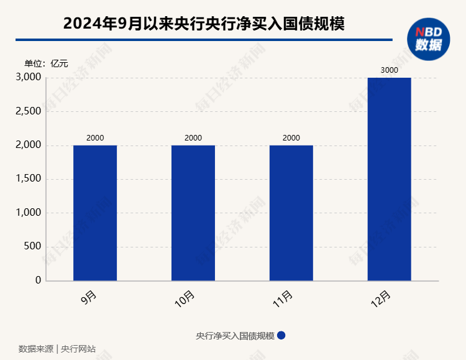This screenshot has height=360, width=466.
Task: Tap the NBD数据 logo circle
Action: tap(429, 39)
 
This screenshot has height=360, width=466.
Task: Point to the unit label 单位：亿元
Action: tap(46, 63)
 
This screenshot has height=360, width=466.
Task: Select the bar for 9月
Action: tap(95, 213)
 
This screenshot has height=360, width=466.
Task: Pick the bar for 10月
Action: tap(193, 213)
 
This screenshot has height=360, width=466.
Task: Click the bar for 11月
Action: tap(291, 213)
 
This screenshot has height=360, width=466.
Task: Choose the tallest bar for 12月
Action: tap(389, 179)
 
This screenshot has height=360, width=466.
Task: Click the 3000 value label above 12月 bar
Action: tap(389, 70)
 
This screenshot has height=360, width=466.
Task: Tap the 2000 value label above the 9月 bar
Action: tap(95, 138)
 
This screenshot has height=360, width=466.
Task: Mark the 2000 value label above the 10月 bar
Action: tap(193, 138)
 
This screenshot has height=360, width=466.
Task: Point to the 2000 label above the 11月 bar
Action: tap(291, 138)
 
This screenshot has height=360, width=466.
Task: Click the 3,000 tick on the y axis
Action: tap(28, 78)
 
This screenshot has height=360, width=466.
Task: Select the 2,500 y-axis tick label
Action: tap(28, 111)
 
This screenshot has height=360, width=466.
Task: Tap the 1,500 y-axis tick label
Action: tap(28, 179)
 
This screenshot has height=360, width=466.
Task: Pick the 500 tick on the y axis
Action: tap(32, 246)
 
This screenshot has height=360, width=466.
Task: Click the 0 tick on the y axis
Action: tap(39, 280)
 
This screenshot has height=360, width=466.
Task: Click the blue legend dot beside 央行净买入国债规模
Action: tap(281, 335)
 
